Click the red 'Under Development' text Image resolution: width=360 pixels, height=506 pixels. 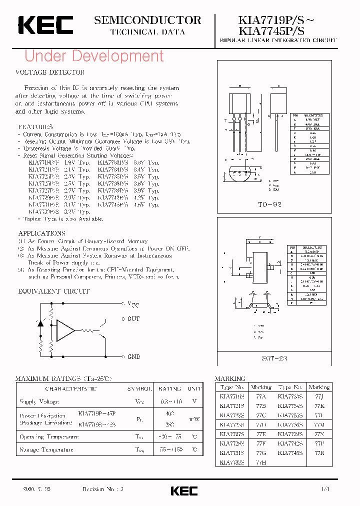pos(94,56)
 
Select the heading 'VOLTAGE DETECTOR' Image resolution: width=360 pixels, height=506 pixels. pos(50,72)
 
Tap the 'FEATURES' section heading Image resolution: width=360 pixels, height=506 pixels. pos(35,127)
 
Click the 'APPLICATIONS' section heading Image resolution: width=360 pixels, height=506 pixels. pos(41,233)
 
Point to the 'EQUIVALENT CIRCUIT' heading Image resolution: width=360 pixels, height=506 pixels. pos(54,291)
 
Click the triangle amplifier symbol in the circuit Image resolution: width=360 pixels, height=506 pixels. pos(65,330)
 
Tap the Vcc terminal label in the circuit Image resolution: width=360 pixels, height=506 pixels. pos(133,304)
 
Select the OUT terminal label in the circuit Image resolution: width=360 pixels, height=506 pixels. pos(133,319)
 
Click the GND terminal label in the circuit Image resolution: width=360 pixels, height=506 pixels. pos(133,357)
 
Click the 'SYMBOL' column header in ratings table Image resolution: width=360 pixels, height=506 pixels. pos(139,388)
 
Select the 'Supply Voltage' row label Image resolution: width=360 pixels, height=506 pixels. pos(39,401)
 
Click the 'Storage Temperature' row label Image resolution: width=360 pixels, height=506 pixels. pos(46,449)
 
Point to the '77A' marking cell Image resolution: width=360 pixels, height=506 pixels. pos(261,396)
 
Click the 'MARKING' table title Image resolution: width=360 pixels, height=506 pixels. pos(230,379)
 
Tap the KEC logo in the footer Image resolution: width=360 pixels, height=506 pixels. pos(184,490)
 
